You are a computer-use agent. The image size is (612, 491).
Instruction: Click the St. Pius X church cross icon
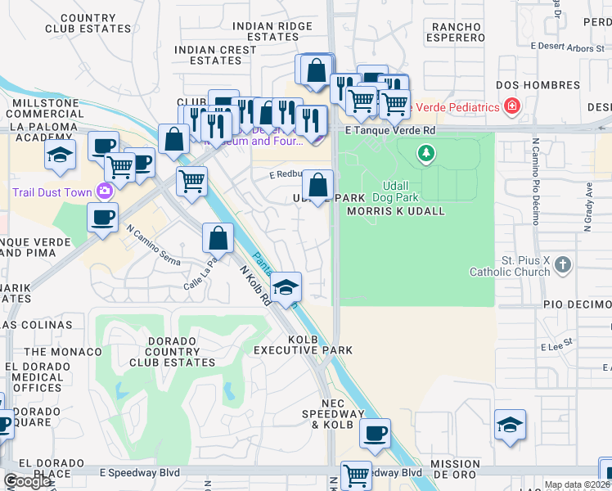click(562, 264)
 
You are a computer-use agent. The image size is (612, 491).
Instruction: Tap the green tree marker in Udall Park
click(425, 152)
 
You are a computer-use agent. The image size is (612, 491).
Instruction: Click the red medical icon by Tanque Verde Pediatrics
click(512, 106)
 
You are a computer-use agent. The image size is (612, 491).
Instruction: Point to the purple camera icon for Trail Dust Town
click(104, 191)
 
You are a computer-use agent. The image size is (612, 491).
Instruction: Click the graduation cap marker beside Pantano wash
click(286, 287)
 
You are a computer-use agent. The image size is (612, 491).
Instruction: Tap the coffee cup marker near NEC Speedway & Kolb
click(375, 434)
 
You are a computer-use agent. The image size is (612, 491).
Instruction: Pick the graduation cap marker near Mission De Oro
click(510, 426)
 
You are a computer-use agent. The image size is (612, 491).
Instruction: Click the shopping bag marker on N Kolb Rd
click(218, 239)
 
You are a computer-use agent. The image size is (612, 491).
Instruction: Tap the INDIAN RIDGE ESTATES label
click(272, 31)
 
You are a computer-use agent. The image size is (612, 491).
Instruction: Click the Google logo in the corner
click(27, 481)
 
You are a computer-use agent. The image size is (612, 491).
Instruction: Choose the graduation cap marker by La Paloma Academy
click(60, 155)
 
